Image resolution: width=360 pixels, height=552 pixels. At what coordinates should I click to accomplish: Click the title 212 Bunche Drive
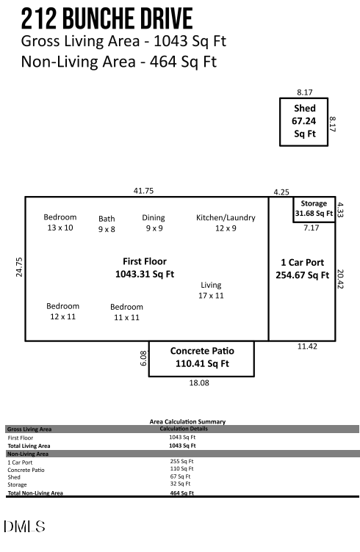(107, 18)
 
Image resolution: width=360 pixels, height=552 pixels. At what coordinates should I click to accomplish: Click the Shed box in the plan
(303, 121)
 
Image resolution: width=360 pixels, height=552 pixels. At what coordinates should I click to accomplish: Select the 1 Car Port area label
(301, 269)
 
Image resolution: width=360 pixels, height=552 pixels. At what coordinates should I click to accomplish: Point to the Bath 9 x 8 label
(107, 224)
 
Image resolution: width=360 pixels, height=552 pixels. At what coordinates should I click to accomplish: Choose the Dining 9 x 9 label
(153, 223)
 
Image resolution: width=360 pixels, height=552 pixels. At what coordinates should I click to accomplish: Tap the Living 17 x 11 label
(211, 290)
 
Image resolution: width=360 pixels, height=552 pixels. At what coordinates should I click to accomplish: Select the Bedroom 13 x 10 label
(60, 222)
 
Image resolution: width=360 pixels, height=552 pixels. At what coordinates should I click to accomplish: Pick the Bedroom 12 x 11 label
(62, 311)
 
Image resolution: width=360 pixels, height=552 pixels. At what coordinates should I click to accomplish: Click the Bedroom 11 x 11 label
(126, 312)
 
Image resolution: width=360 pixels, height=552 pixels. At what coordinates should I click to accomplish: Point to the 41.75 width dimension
(143, 191)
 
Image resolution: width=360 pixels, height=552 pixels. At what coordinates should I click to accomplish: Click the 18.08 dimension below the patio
(200, 383)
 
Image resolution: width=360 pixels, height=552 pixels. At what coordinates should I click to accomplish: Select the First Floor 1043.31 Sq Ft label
(144, 268)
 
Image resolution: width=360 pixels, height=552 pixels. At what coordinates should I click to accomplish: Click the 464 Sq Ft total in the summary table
(181, 493)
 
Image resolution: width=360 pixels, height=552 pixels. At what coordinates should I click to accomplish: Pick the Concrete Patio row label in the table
(24, 470)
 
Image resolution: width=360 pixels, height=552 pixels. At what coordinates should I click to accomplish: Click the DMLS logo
(24, 526)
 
